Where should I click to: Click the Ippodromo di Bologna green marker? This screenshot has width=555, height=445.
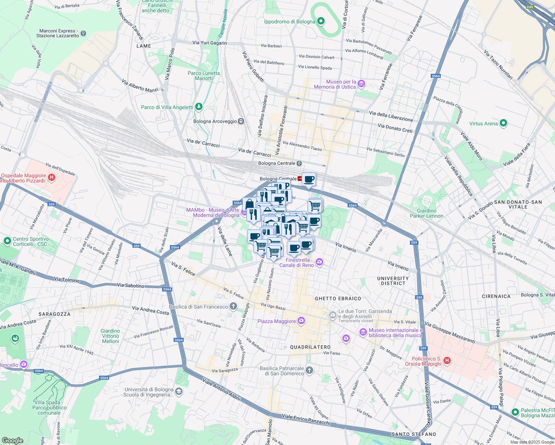pos(321,21)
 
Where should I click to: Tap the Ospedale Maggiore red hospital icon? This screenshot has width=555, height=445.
pos(52,178)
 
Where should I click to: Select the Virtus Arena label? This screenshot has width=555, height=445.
pos(483,123)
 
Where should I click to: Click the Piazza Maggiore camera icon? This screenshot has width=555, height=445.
pos(301,321)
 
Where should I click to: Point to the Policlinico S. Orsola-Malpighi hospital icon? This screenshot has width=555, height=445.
pos(447,360)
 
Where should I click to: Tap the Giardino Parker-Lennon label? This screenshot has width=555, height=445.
pos(427,213)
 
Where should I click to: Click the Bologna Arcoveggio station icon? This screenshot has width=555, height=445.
pos(241,121)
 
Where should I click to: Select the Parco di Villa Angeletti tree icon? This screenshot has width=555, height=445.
pos(199,107)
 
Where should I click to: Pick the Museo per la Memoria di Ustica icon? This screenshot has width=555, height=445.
pos(361,84)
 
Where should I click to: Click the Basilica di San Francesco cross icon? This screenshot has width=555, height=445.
pos(233,306)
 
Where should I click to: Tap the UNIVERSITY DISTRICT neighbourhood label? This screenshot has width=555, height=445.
pos(393,281)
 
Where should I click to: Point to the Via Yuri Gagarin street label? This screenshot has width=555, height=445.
pos(210,43)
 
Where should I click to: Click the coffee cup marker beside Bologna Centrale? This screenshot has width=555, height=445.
pos(309,180)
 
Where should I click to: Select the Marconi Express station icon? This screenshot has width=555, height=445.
pos(83,33)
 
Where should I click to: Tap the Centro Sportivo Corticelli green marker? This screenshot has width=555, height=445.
pos(7,241)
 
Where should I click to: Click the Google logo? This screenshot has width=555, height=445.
pos(12,440)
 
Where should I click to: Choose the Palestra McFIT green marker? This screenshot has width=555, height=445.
pos(515,412)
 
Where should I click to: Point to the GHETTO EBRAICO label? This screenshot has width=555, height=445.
pos(338,299)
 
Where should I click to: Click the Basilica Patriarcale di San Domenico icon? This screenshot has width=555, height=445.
pos(309,370)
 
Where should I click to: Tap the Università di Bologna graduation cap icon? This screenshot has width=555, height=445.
pos(179,392)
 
